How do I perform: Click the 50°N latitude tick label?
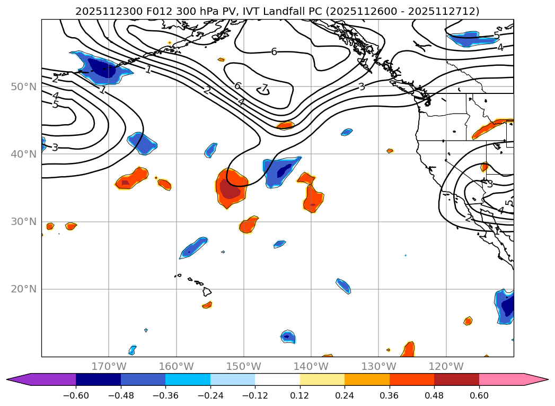coord(24,87)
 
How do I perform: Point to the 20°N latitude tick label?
coord(24,289)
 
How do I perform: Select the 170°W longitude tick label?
coord(109,366)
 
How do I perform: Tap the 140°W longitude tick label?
coord(311,366)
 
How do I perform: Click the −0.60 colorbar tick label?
coord(76,396)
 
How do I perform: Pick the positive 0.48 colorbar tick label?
coord(434,396)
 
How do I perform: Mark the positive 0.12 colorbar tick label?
coord(300,396)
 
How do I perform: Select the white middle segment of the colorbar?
coord(277,379)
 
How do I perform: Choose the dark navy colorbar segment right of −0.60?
coord(98,379)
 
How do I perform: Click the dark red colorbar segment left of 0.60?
coord(456,379)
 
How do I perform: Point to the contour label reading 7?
coord(265,88)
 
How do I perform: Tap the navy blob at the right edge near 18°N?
coord(508,306)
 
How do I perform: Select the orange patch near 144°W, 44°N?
coord(285,125)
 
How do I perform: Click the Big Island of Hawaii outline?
coord(207,291)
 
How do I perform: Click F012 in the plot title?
coord(142,11)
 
